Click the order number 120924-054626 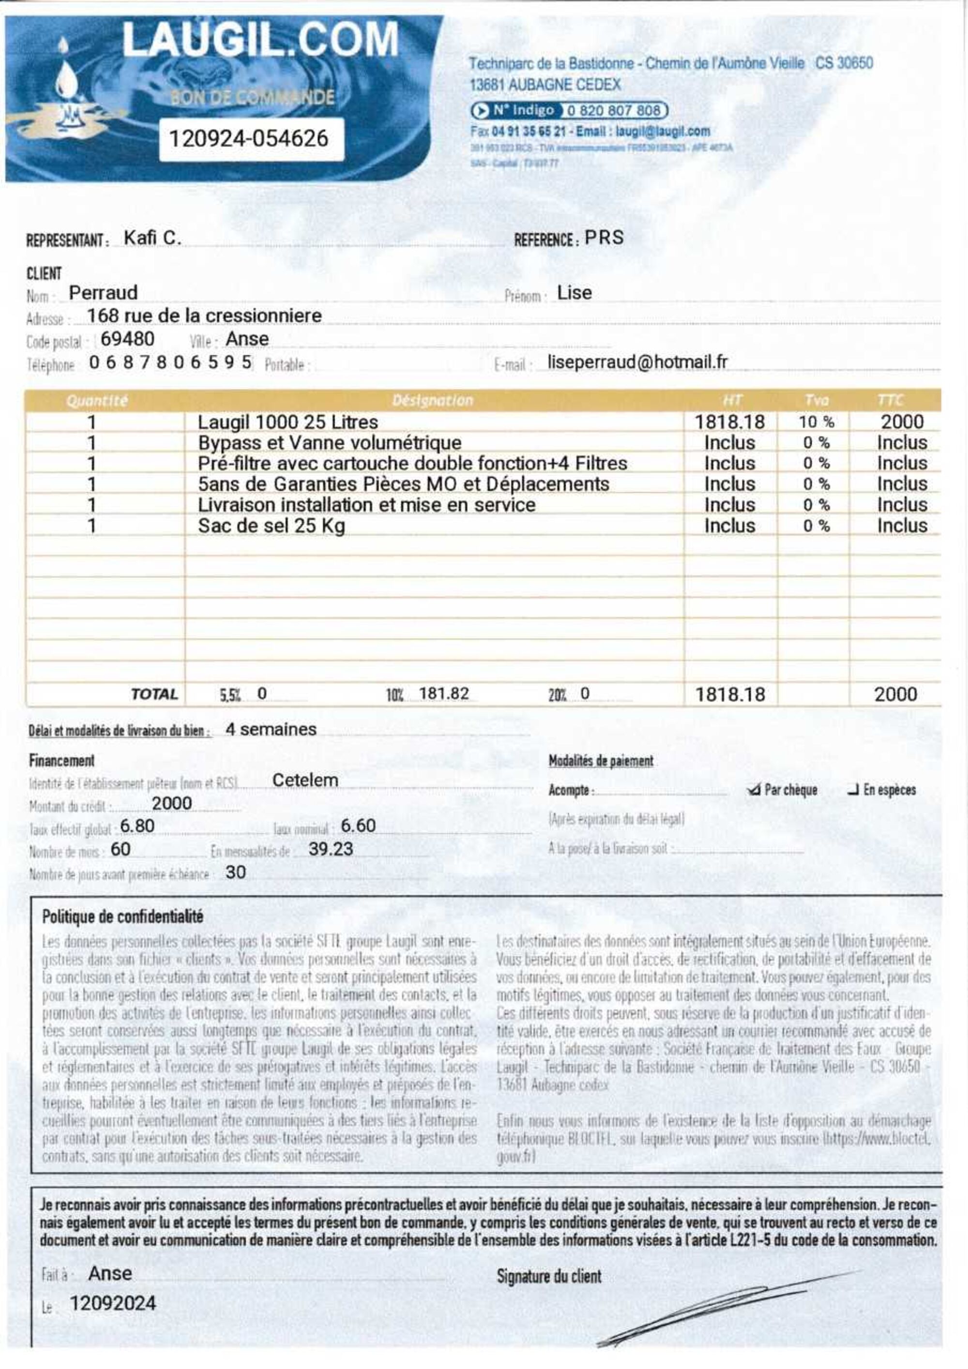249,138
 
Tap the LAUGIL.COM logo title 260,39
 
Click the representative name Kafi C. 152,238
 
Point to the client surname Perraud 103,293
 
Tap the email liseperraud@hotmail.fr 637,362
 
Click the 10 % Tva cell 816,422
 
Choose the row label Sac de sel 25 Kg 272,526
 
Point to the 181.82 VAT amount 444,693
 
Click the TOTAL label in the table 154,694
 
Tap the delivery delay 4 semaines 271,729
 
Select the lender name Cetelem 305,780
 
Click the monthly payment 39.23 331,849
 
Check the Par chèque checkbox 754,791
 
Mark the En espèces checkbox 852,791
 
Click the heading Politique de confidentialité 122,917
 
